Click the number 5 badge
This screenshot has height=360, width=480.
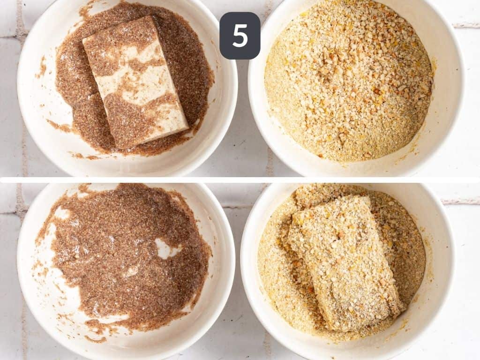(x=240, y=36)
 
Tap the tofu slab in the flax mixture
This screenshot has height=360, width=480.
(x=135, y=82)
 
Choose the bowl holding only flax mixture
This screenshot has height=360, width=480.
(x=126, y=270)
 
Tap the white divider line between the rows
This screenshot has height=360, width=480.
(x=240, y=180)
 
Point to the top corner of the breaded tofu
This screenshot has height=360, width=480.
(x=369, y=196)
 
